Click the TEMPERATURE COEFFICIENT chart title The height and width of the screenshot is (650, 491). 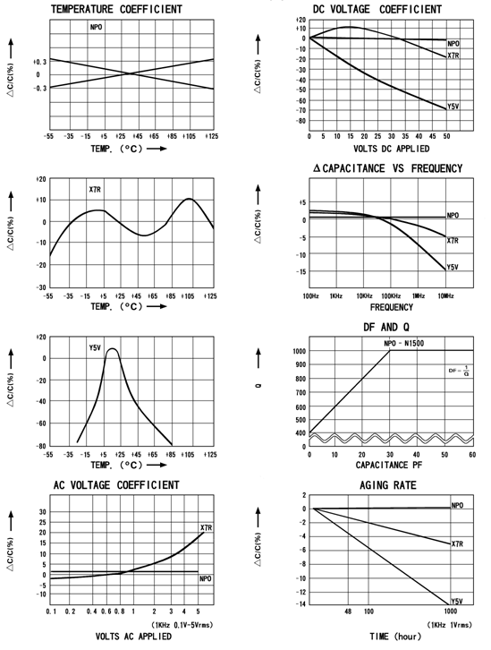[116, 9]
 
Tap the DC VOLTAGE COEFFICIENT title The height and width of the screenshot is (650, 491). [377, 9]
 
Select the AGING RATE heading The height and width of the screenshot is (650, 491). [388, 485]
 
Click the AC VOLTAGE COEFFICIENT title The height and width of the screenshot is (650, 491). [116, 485]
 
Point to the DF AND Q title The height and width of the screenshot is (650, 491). [386, 327]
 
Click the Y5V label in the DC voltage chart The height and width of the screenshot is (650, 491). [453, 107]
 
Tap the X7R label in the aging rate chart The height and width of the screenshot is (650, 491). [457, 543]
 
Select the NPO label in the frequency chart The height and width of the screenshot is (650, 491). [453, 216]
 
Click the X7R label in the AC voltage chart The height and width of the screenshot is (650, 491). [207, 527]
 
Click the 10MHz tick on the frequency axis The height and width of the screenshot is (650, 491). [445, 296]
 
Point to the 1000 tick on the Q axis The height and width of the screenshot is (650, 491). [299, 351]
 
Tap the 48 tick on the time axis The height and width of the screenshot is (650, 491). [348, 611]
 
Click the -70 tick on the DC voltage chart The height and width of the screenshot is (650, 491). [301, 110]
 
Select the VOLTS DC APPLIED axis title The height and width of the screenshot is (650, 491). [391, 149]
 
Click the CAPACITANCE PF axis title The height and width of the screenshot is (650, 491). [389, 465]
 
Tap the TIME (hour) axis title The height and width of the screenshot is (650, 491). [395, 637]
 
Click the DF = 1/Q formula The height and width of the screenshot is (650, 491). [459, 371]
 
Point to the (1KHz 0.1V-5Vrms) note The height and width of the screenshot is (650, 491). [182, 625]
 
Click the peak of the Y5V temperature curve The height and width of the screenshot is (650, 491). [112, 348]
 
